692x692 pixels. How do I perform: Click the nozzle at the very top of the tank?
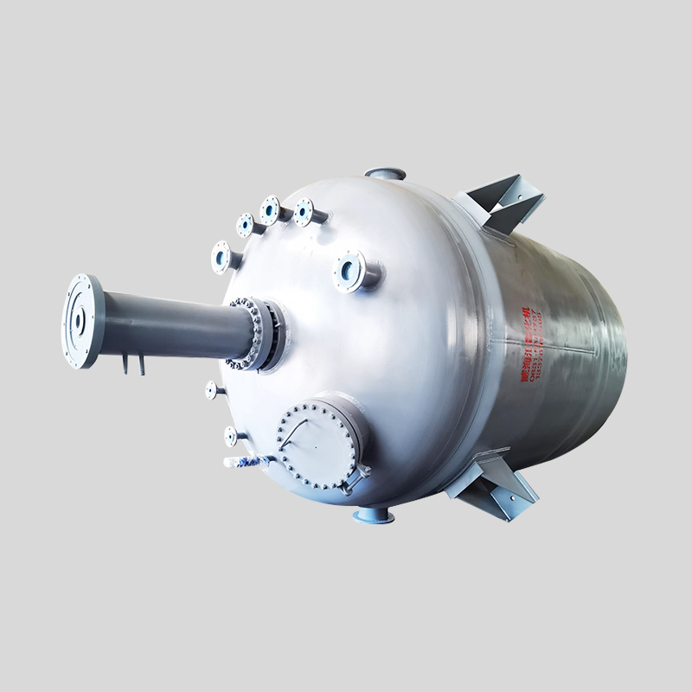click(x=385, y=174)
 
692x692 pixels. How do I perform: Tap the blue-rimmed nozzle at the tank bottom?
click(x=374, y=516)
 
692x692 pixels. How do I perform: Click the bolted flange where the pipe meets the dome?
click(x=256, y=334)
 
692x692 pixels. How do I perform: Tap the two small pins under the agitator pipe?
click(x=131, y=363)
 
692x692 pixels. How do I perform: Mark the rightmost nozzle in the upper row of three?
click(x=304, y=212)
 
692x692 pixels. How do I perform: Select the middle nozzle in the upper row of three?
click(x=271, y=210)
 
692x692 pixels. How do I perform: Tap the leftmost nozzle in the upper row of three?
click(x=246, y=226)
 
